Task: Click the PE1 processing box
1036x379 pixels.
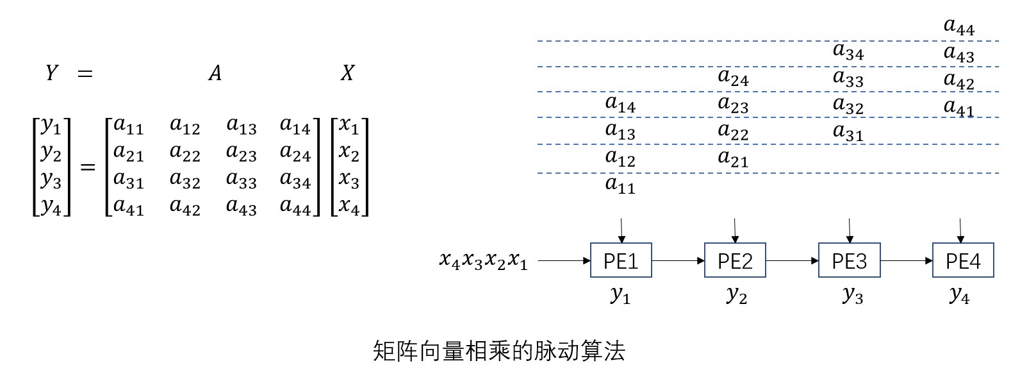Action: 620,260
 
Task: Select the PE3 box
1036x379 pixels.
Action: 849,260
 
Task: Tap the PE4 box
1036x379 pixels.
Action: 962,260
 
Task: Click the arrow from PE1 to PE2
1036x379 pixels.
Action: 678,260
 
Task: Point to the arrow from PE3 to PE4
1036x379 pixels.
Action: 906,260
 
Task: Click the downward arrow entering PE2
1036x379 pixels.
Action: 735,230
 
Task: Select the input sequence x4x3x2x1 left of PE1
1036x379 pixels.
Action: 483,260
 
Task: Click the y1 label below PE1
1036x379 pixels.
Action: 620,295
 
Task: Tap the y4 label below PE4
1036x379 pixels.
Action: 959,295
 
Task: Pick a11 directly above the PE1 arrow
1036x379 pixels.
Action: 620,186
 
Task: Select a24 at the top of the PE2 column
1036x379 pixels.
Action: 733,78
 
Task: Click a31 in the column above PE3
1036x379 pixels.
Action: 848,133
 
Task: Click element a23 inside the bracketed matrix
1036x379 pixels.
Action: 241,154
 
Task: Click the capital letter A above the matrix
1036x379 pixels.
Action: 215,73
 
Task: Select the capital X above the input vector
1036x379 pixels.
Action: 347,73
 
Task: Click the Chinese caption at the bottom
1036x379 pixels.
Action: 498,351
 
